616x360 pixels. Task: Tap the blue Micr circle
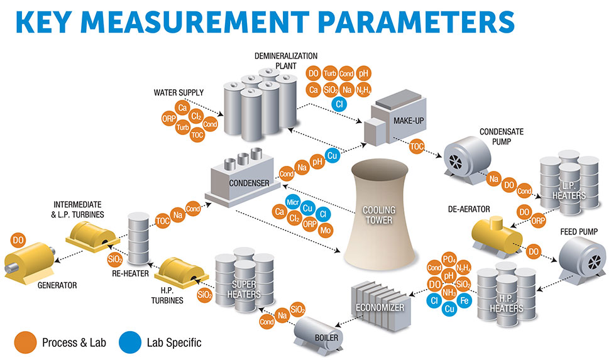(292, 201)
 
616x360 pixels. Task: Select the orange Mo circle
(326, 231)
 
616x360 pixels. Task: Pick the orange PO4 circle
(449, 259)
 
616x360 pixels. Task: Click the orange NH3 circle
(449, 292)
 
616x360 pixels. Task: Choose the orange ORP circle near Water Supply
(168, 118)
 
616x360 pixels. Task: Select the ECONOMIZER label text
(377, 307)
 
